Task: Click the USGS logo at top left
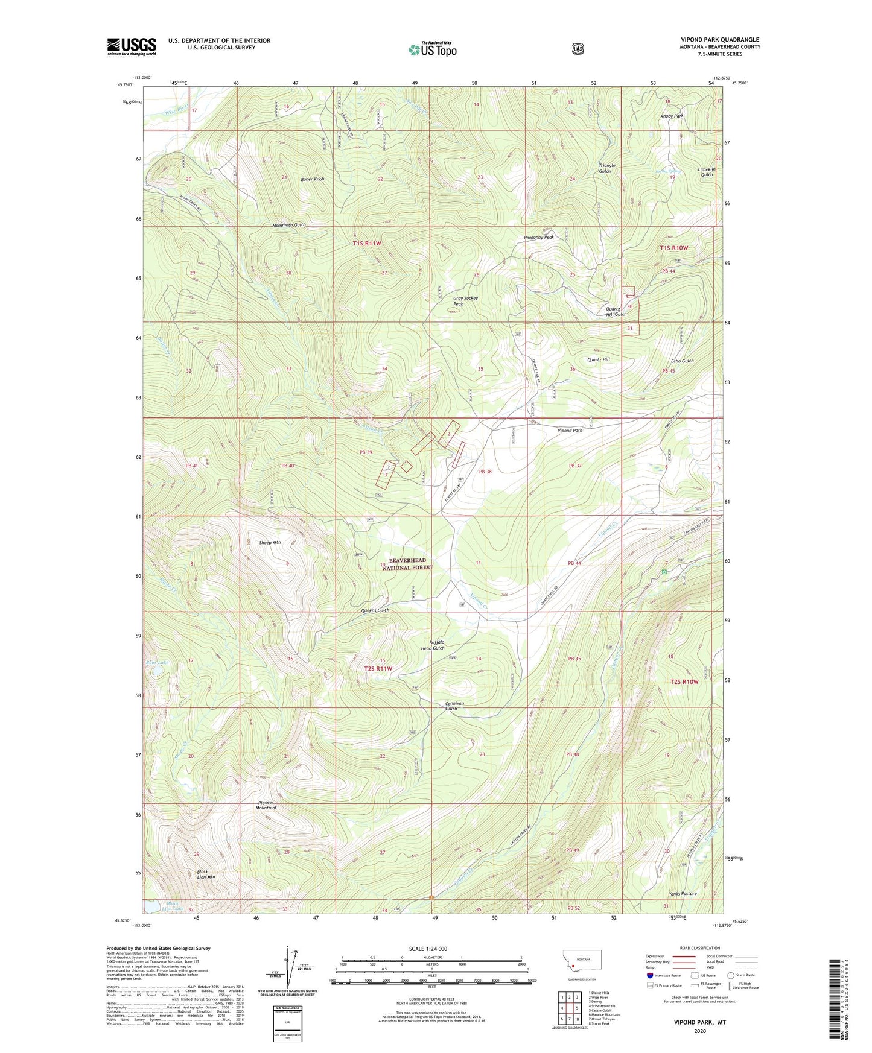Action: [x=132, y=46]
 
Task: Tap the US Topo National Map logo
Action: [x=432, y=49]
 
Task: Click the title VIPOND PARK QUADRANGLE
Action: [x=719, y=39]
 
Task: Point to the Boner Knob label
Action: [x=313, y=179]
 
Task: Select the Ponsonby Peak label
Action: [x=538, y=238]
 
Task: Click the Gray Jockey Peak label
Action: [x=466, y=301]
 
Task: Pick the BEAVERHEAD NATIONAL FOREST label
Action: [x=408, y=564]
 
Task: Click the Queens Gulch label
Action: [x=375, y=610]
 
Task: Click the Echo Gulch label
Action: [x=683, y=361]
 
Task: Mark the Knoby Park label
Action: [x=672, y=116]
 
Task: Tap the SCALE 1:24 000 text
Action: [x=428, y=949]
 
